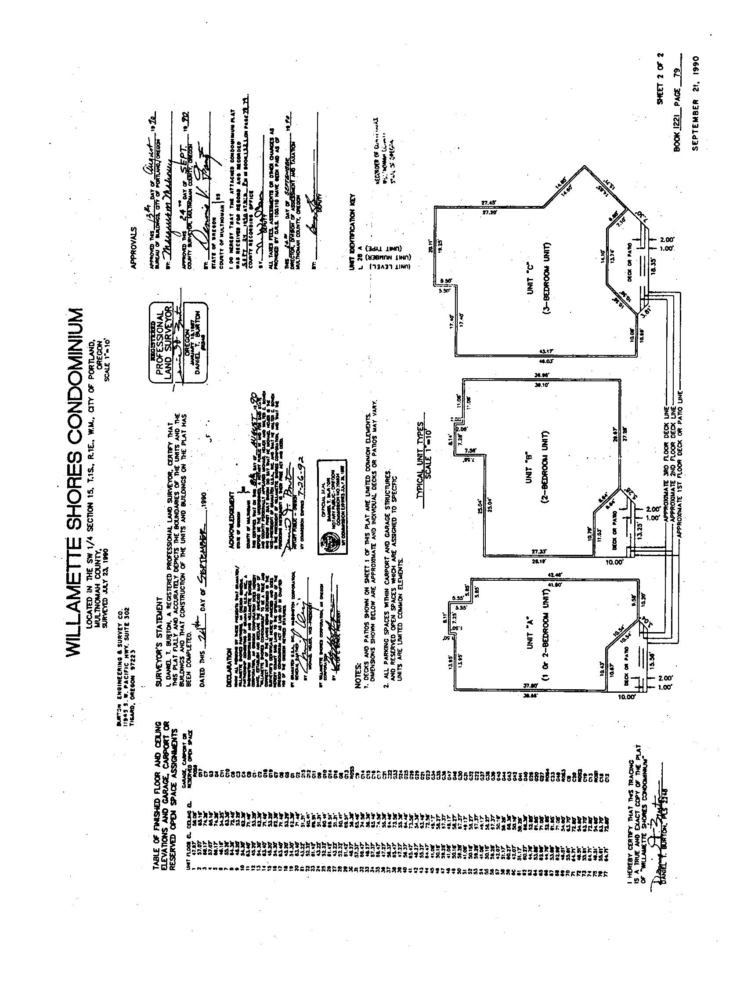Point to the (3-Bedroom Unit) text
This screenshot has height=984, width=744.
(546, 279)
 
